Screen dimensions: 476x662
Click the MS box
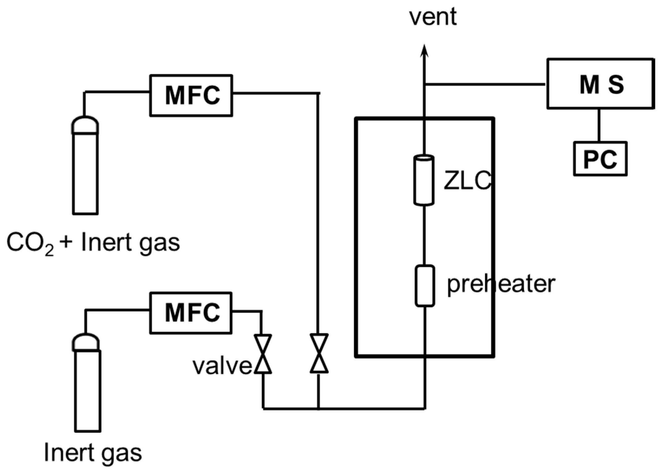[600, 84]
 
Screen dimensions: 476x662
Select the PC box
[600, 159]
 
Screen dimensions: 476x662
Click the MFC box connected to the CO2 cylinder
[191, 95]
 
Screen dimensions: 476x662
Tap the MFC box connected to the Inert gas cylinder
[191, 313]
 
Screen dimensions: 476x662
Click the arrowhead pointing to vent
[425, 51]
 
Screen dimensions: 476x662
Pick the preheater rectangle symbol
[424, 286]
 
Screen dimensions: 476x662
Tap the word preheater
[501, 284]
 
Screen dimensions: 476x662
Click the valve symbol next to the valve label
[263, 354]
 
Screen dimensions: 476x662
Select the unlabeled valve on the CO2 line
[319, 354]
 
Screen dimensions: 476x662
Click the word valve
[222, 367]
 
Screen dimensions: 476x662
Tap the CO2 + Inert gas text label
[93, 243]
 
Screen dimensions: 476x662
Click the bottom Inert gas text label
[93, 453]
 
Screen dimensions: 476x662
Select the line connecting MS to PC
[599, 125]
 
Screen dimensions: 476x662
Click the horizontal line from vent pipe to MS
[485, 84]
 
